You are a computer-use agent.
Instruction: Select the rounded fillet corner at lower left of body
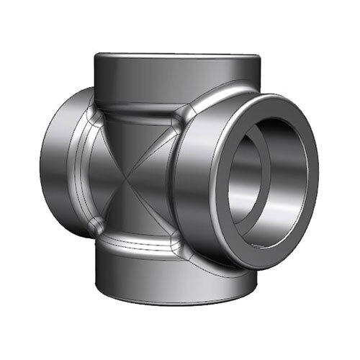pos(94,228)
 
